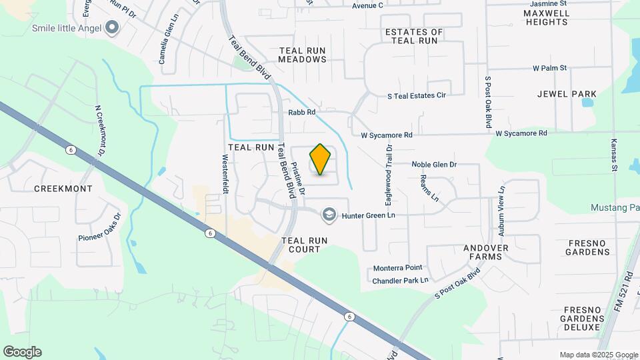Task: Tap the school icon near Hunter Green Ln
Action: click(328, 215)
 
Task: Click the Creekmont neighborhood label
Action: click(63, 189)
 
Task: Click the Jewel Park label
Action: click(567, 94)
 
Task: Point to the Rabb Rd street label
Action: click(301, 113)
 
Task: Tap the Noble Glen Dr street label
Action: click(434, 164)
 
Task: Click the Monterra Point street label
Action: click(397, 268)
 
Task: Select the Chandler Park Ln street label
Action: click(400, 281)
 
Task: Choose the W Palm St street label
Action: click(549, 68)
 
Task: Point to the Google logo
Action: click(22, 352)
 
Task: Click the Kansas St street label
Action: click(614, 155)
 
